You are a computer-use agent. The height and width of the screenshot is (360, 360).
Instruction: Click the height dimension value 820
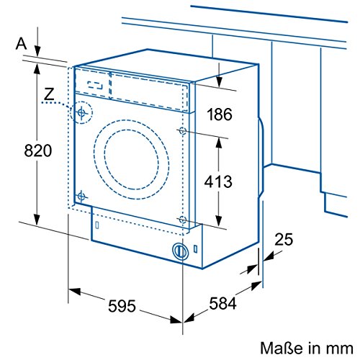[x=38, y=150]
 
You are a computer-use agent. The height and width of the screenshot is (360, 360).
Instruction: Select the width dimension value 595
[x=122, y=306]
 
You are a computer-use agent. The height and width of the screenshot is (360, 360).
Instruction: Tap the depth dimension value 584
[x=222, y=303]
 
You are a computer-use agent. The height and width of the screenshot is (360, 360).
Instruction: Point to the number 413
[x=218, y=181]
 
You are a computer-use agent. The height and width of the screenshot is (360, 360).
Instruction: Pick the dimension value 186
[x=220, y=114]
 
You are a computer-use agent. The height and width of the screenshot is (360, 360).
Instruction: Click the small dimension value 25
[x=284, y=239]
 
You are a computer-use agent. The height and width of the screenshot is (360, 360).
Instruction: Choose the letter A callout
[x=21, y=44]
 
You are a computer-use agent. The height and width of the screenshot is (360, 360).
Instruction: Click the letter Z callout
[x=49, y=94]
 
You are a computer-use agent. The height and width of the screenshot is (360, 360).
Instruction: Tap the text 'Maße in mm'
[x=307, y=348]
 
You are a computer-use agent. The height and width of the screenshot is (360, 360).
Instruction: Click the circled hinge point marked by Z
[x=81, y=112]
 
